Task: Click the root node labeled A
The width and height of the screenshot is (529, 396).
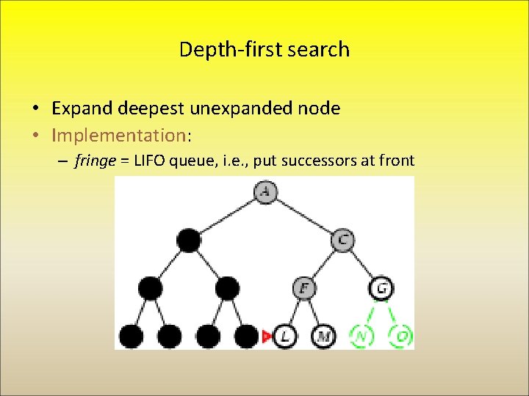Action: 264,192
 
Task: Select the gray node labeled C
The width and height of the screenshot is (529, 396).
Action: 342,240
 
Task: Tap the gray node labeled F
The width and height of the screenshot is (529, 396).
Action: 303,288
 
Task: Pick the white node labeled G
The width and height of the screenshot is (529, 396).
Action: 381,288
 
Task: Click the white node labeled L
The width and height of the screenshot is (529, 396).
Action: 284,337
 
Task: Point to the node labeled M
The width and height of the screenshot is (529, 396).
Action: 323,337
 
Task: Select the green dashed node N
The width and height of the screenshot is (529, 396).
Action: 361,337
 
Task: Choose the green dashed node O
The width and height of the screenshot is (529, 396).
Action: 401,337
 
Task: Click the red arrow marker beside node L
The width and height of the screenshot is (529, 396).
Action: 267,337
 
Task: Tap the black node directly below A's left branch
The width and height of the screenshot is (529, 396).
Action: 188,240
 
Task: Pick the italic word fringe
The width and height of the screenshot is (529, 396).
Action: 95,161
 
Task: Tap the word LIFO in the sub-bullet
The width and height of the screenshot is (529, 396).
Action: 147,161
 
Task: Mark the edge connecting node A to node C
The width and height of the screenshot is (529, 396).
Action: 303,216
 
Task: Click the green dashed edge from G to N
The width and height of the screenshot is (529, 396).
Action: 372,312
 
